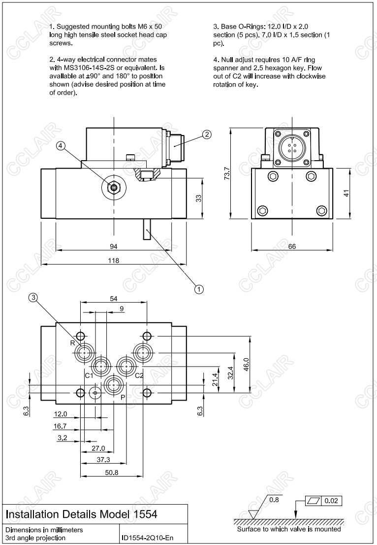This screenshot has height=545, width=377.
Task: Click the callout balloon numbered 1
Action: [199, 289]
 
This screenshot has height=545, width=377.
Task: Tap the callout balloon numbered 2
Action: [207, 134]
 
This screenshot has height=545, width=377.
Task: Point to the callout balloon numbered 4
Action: [61, 145]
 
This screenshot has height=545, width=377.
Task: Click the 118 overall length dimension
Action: [114, 260]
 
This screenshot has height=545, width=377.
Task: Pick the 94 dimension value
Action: [114, 245]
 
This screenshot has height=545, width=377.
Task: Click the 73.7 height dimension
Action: [227, 173]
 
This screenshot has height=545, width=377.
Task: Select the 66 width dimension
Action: [292, 246]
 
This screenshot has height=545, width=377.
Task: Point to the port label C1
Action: [89, 375]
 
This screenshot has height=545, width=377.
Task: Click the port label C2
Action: [139, 375]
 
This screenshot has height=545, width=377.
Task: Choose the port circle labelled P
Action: [114, 384]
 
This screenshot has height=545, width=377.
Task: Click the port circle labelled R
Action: [85, 353]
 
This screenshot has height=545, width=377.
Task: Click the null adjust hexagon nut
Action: [114, 187]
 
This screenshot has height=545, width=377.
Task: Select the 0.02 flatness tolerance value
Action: [331, 502]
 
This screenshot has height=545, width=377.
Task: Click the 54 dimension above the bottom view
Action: [114, 299]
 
